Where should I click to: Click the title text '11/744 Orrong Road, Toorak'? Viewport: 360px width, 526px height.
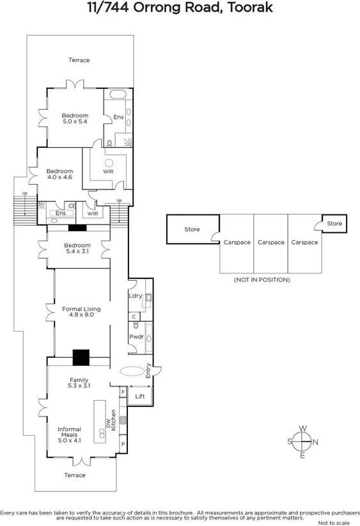(180, 8)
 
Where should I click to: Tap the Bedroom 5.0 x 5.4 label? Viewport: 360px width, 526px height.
(75, 118)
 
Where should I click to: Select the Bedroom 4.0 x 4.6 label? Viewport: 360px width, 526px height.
(59, 174)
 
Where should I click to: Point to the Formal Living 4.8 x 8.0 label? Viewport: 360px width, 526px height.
(81, 312)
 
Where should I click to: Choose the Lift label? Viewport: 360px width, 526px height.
(140, 397)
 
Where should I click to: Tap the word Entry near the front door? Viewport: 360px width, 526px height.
(148, 371)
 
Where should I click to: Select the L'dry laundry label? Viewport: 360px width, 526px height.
(135, 296)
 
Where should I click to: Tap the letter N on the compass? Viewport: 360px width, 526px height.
(315, 442)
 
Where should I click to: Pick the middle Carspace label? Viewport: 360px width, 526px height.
(270, 243)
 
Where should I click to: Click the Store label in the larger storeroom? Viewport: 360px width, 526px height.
(192, 229)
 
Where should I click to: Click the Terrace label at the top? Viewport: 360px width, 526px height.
(79, 60)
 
